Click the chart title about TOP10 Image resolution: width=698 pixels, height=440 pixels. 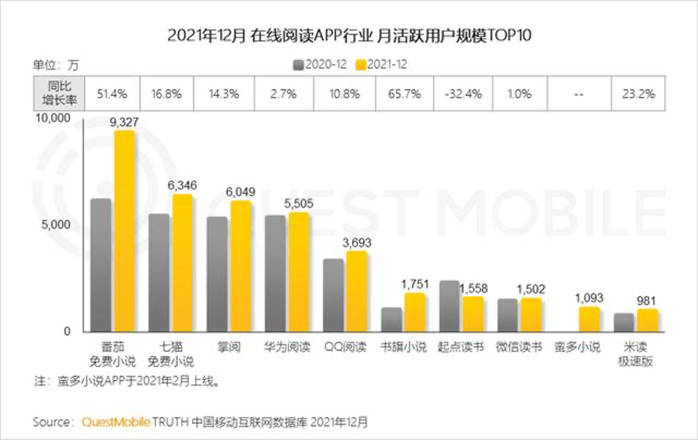(x=349, y=35)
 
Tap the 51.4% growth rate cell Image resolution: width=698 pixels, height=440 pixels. (x=112, y=95)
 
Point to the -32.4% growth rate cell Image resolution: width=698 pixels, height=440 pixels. (x=463, y=95)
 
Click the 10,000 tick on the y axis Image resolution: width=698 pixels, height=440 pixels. (x=54, y=118)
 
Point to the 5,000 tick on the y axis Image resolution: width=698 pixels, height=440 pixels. (x=58, y=225)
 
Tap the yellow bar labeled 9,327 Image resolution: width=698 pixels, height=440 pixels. (x=124, y=231)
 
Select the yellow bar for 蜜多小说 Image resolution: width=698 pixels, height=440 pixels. (x=589, y=318)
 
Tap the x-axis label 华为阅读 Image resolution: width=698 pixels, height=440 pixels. (x=287, y=347)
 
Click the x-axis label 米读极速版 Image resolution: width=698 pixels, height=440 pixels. (x=636, y=354)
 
